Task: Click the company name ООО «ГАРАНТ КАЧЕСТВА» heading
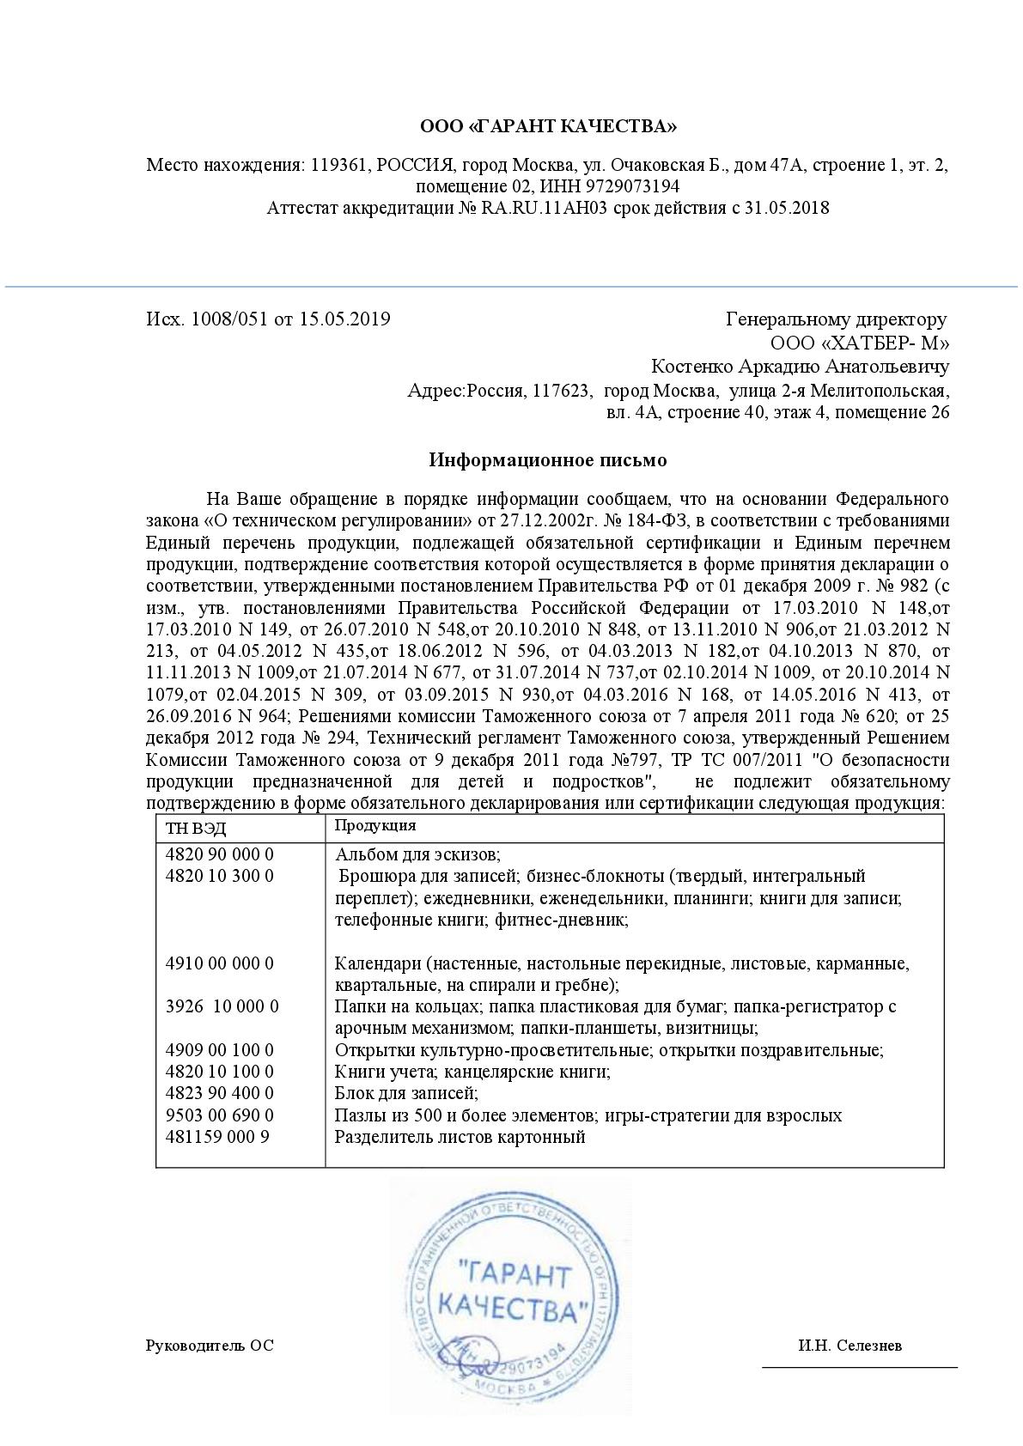click(x=548, y=127)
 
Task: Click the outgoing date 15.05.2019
click(x=344, y=319)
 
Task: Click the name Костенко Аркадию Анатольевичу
click(x=800, y=368)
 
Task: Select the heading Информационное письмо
click(x=548, y=460)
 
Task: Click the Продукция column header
click(x=374, y=826)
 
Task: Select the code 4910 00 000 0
click(x=219, y=963)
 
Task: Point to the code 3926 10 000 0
click(x=222, y=1006)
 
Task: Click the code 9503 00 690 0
click(x=219, y=1115)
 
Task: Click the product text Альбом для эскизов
click(x=417, y=854)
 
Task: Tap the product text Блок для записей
click(x=406, y=1094)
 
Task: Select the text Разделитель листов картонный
click(x=460, y=1137)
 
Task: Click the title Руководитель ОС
click(x=210, y=1346)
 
